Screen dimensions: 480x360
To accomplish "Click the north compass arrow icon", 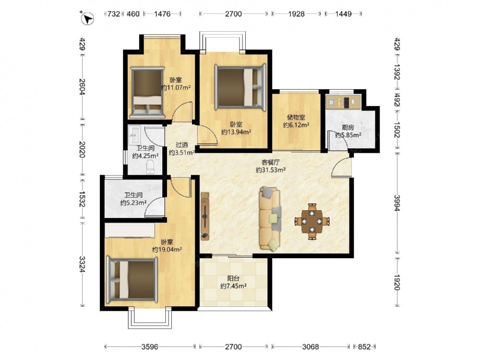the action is click(x=87, y=18).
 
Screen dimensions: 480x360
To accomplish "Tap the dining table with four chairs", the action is click(x=312, y=221).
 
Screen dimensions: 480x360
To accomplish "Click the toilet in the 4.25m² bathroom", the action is click(x=150, y=168).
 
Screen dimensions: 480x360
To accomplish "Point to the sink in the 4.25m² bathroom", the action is click(x=134, y=135).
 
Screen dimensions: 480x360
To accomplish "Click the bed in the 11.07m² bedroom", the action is click(x=147, y=93).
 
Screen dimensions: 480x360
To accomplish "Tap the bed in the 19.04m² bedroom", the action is click(x=132, y=279).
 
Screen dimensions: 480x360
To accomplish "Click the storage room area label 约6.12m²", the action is click(x=296, y=125).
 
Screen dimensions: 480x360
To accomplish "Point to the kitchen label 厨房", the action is click(x=348, y=128).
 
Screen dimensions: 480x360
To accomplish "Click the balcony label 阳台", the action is click(x=233, y=278).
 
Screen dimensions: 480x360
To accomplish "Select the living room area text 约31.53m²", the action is click(x=271, y=170).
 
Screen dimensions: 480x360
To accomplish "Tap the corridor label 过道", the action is click(x=182, y=145).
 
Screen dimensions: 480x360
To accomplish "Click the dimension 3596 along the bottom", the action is click(x=150, y=347).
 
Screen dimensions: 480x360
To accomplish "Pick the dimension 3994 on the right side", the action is click(x=397, y=203).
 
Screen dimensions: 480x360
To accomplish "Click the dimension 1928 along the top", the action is click(x=296, y=14).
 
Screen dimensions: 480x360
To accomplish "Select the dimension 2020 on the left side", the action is click(x=82, y=149).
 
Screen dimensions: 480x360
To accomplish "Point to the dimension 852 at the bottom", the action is click(x=364, y=347).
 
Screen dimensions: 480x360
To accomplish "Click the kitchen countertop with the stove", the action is click(x=343, y=102).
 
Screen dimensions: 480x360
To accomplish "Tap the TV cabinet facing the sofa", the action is click(x=205, y=216).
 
